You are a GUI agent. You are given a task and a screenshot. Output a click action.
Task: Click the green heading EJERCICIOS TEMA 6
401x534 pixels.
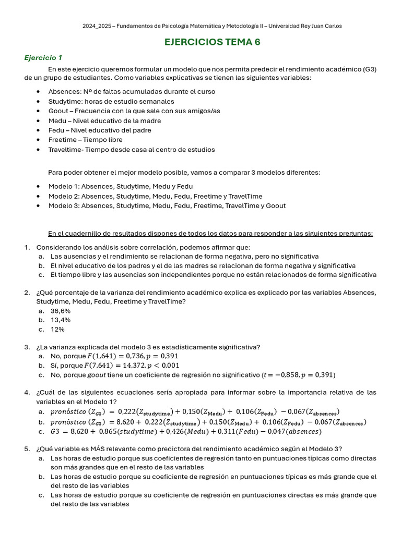(212, 42)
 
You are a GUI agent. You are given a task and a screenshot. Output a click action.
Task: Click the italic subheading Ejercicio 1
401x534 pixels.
(43, 57)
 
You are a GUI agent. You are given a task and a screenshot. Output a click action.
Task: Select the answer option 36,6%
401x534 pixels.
(61, 310)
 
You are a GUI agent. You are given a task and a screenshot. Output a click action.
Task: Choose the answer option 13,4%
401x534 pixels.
(61, 320)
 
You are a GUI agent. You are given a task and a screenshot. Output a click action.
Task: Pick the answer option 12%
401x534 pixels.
(57, 330)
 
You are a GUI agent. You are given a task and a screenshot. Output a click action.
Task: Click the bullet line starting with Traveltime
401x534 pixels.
(131, 150)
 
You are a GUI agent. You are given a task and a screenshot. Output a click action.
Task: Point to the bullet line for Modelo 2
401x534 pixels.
(155, 196)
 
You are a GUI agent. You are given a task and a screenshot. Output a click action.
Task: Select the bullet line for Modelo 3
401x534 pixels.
(167, 205)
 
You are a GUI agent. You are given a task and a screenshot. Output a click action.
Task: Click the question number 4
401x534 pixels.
(27, 392)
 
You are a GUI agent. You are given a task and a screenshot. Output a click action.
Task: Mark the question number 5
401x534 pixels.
(27, 448)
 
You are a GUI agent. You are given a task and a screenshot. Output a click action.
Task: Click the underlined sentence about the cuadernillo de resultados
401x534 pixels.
(210, 233)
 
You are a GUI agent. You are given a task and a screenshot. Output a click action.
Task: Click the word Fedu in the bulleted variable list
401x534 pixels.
(56, 130)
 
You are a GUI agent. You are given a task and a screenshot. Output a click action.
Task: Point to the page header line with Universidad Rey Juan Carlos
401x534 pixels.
(212, 26)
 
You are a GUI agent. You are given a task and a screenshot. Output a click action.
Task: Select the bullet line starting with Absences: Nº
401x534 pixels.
(124, 92)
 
